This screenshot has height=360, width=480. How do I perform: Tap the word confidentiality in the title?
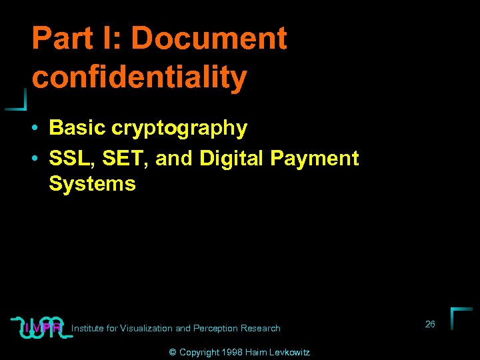(x=139, y=77)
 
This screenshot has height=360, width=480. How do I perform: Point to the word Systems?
(x=92, y=183)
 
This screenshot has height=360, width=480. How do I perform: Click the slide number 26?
(x=430, y=324)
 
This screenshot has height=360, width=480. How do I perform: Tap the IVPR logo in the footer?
(x=42, y=327)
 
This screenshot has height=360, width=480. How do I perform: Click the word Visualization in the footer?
(x=145, y=328)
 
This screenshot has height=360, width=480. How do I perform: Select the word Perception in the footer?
(x=216, y=328)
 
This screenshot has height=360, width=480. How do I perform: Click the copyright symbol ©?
(x=173, y=352)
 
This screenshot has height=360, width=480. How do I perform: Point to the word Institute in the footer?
(x=87, y=328)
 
